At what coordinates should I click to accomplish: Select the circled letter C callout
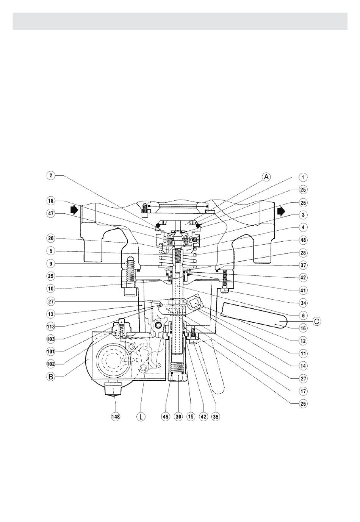316,322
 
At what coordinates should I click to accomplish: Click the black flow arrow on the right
281,211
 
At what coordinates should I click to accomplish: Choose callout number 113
51,327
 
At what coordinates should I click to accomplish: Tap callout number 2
51,175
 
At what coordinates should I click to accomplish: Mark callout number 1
303,177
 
